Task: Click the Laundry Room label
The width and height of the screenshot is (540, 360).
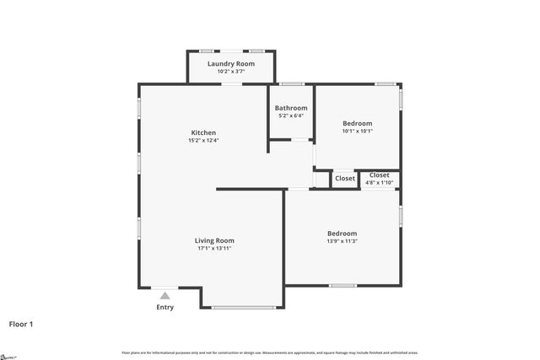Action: pyautogui.click(x=231, y=64)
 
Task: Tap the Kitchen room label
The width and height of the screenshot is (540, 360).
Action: pyautogui.click(x=203, y=132)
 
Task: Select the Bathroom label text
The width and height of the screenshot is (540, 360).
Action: pyautogui.click(x=291, y=108)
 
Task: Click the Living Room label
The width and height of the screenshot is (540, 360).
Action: pyautogui.click(x=214, y=240)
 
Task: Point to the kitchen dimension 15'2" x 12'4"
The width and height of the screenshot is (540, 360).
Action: pyautogui.click(x=203, y=141)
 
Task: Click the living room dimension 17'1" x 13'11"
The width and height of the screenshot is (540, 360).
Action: pyautogui.click(x=214, y=249)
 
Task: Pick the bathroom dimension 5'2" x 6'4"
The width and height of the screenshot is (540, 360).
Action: pyautogui.click(x=291, y=116)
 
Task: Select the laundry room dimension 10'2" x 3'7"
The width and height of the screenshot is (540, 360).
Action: pyautogui.click(x=231, y=72)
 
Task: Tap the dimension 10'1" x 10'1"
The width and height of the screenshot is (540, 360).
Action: pyautogui.click(x=357, y=132)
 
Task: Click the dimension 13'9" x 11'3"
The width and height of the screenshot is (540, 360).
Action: pyautogui.click(x=342, y=241)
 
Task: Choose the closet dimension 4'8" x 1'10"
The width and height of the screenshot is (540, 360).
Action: pyautogui.click(x=380, y=182)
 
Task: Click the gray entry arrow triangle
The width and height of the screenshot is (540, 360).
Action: pyautogui.click(x=165, y=296)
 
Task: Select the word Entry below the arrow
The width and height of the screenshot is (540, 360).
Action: pyautogui.click(x=165, y=307)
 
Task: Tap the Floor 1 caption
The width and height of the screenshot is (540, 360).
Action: pyautogui.click(x=22, y=324)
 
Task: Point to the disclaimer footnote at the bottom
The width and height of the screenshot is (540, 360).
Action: pyautogui.click(x=270, y=352)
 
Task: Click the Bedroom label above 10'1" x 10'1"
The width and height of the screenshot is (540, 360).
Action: pyautogui.click(x=357, y=123)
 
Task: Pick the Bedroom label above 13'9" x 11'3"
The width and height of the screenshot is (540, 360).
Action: pyautogui.click(x=342, y=234)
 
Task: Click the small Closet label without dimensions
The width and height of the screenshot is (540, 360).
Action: pyautogui.click(x=345, y=179)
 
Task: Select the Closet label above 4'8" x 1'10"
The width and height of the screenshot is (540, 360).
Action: pyautogui.click(x=380, y=175)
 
